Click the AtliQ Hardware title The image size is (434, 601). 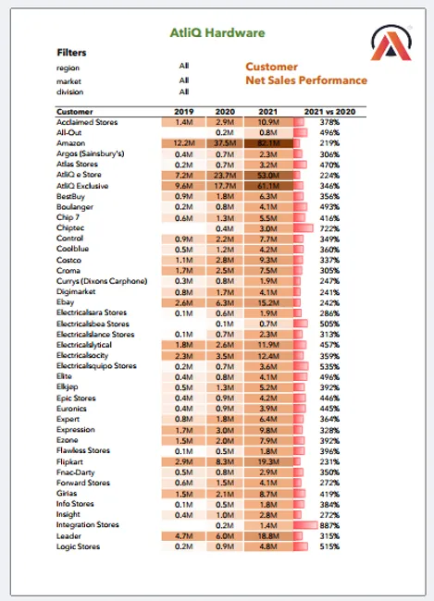[x=217, y=32]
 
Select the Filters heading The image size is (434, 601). [x=72, y=53]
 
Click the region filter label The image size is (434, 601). [x=68, y=67]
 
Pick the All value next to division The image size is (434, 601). [x=184, y=92]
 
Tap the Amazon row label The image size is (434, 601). [x=71, y=144]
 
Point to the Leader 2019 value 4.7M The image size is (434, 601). [x=183, y=535]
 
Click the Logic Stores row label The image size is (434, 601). [x=81, y=546]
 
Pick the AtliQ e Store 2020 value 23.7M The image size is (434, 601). [x=224, y=175]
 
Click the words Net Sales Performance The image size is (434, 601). [x=305, y=80]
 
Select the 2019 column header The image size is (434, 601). [x=183, y=111]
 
